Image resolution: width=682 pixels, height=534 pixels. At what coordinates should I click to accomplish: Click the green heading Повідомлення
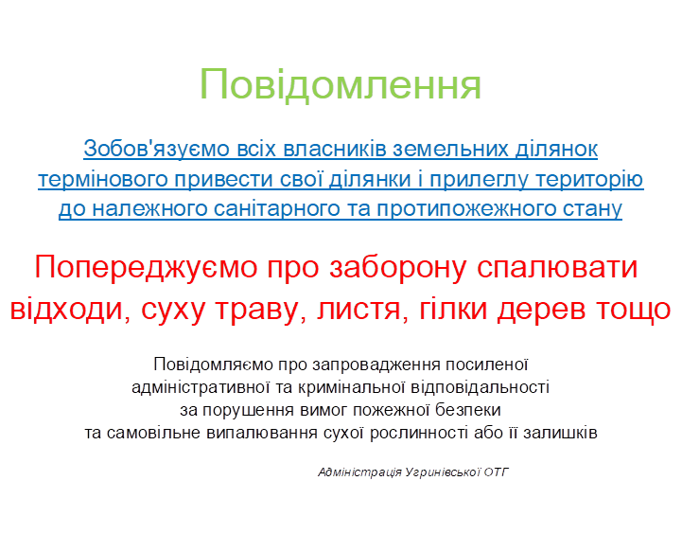341,84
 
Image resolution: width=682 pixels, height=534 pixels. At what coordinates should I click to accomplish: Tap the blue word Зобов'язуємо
156,149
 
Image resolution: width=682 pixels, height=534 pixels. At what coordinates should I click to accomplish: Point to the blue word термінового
103,179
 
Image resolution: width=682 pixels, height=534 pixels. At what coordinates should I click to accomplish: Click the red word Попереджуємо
146,268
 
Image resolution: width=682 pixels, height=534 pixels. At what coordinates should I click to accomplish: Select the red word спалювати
557,268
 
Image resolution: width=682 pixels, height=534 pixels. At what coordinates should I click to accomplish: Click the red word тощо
634,310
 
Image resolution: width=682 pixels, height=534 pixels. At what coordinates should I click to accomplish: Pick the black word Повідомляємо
213,365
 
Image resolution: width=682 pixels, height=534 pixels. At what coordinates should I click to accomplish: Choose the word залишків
560,433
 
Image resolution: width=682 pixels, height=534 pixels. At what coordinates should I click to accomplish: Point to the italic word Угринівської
443,472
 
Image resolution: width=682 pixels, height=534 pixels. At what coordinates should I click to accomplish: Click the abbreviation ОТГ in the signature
496,472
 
